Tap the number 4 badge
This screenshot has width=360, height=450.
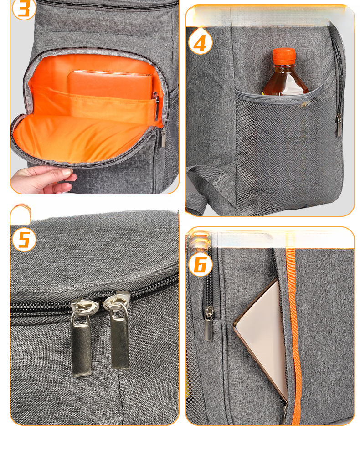tap(201, 43)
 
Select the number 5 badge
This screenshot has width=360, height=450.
tap(24, 240)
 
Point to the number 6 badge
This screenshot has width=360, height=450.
tap(201, 264)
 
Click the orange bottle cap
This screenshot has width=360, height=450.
tap(284, 56)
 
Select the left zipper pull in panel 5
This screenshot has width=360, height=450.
tap(82, 337)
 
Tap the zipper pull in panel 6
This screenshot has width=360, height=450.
tap(209, 324)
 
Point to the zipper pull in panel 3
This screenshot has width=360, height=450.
tap(163, 138)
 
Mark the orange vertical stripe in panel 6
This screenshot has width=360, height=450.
tap(293, 336)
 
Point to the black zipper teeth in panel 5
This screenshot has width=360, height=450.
tap(95, 298)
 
